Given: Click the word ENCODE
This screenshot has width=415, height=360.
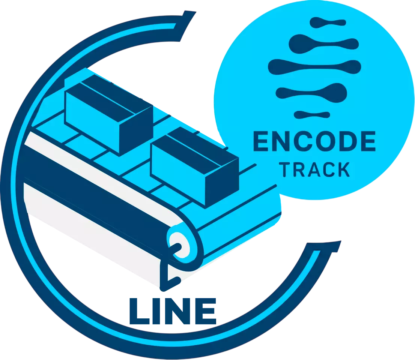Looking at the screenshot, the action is tap(314, 141).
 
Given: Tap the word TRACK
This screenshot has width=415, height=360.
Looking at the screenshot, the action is tap(314, 169).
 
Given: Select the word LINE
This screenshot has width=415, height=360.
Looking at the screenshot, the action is tap(173, 311).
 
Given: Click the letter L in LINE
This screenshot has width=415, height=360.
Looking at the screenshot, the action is tap(139, 311).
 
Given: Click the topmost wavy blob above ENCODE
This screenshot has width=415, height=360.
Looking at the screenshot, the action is tap(328, 22).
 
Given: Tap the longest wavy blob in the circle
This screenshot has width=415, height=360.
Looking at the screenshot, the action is tap(314, 67).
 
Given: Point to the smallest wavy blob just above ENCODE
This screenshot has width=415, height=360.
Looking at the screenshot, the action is tap(312, 114).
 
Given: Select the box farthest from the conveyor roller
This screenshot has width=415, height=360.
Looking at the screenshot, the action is tap(109, 115).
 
